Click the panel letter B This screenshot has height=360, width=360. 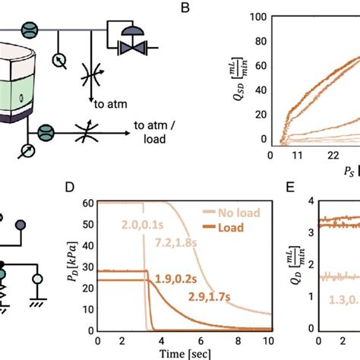183,10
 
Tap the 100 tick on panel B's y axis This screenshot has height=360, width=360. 258,17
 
